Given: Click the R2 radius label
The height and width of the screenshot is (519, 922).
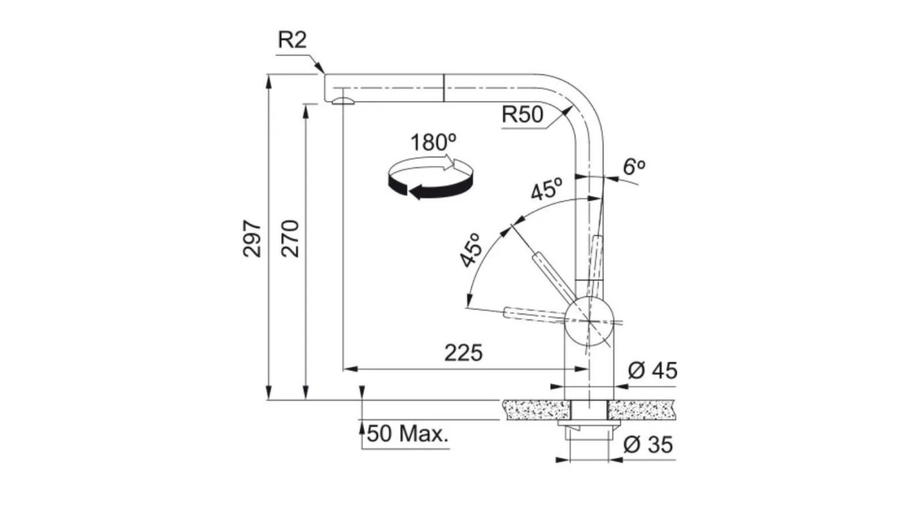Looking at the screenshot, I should [x=292, y=40].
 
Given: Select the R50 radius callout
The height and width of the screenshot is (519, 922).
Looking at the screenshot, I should [x=522, y=114].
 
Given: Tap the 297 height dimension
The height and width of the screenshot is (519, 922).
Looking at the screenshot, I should [x=252, y=238].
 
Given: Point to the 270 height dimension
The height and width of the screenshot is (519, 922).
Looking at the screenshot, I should [x=290, y=238].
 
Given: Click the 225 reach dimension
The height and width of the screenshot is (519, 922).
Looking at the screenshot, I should [x=463, y=352].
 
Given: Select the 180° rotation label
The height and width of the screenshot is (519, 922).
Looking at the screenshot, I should [x=433, y=142].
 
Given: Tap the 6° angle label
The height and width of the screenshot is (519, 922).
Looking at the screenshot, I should [x=634, y=167].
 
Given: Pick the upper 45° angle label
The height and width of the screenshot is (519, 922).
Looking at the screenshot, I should [x=546, y=189].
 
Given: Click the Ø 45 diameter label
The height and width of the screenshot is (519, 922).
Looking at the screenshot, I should [x=652, y=370].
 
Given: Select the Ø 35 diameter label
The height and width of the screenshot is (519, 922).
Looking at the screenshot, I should [x=648, y=445].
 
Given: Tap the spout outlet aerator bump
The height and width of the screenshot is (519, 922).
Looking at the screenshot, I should [x=343, y=101].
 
